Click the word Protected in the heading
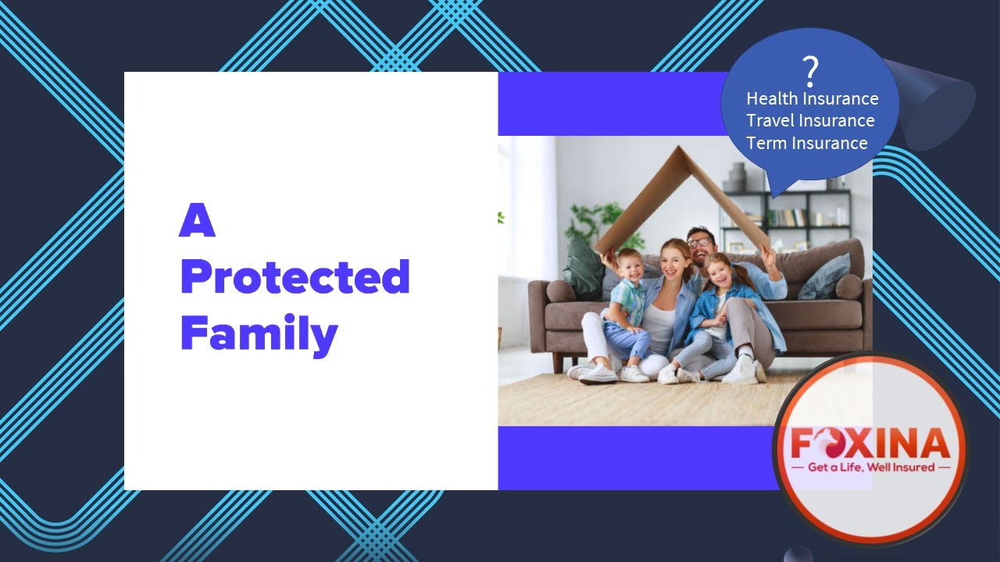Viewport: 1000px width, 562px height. pyautogui.click(x=295, y=278)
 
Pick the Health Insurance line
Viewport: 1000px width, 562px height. pyautogui.click(x=812, y=99)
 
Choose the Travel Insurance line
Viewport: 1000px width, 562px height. pyautogui.click(x=810, y=121)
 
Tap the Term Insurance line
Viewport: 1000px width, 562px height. pyautogui.click(x=806, y=144)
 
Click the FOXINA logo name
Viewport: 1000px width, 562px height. pyautogui.click(x=870, y=443)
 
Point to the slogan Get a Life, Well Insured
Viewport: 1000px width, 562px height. pyautogui.click(x=870, y=468)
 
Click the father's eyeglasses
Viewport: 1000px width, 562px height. pyautogui.click(x=699, y=242)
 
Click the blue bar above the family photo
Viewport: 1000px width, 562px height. pyautogui.click(x=609, y=104)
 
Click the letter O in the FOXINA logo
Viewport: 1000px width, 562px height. pyautogui.click(x=830, y=443)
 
